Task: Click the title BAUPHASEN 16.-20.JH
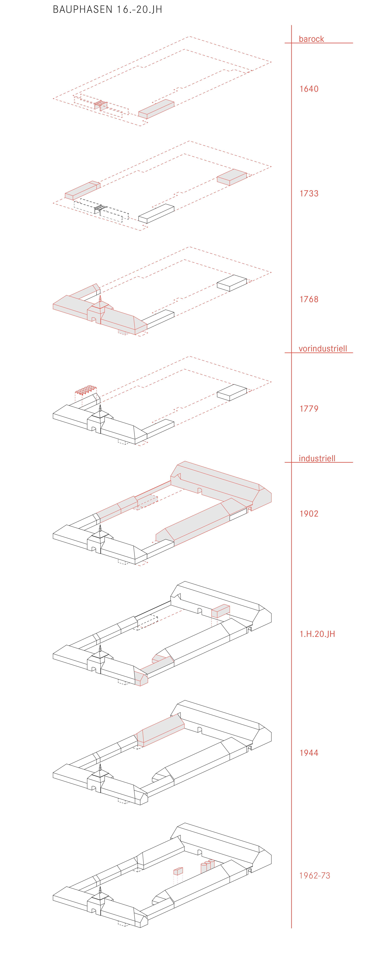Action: click(107, 9)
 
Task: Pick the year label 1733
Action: click(309, 193)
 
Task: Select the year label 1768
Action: click(309, 299)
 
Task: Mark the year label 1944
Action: click(309, 753)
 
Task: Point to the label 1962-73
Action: click(314, 875)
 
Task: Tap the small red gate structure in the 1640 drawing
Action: click(101, 105)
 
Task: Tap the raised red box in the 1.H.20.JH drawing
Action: click(220, 611)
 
